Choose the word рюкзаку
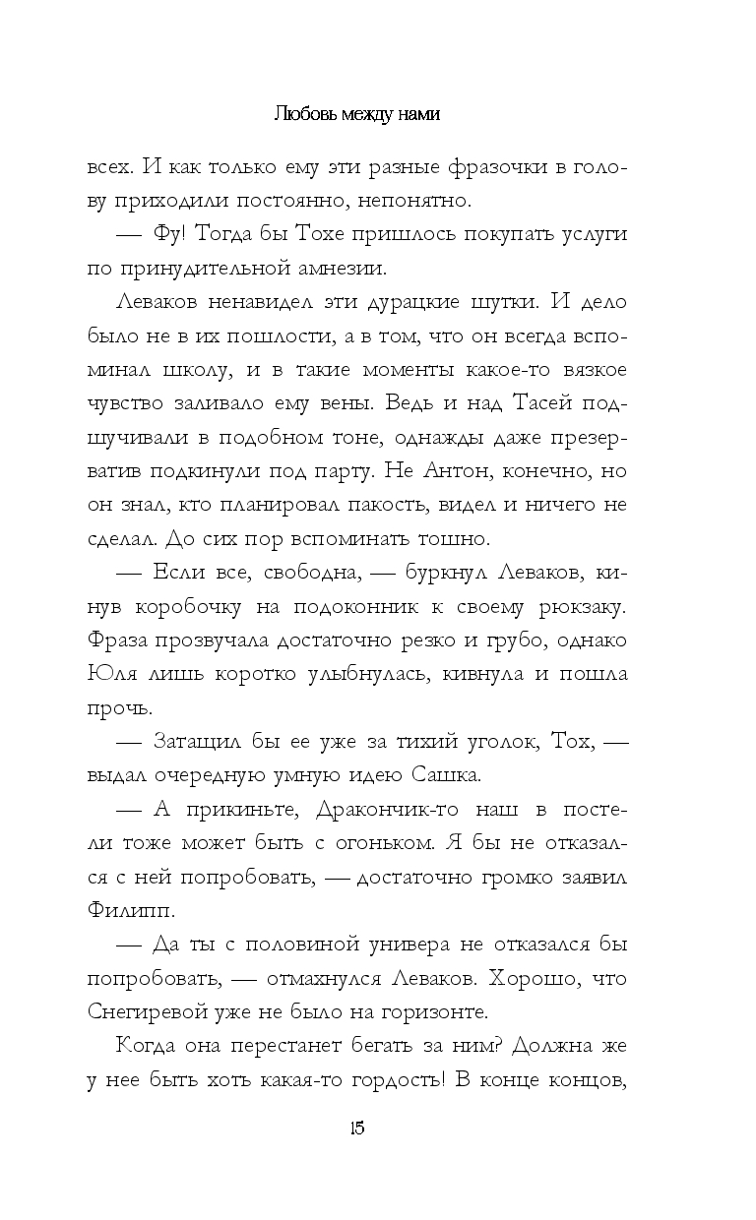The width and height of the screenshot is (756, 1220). (x=612, y=606)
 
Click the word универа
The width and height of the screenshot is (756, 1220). (x=384, y=944)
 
